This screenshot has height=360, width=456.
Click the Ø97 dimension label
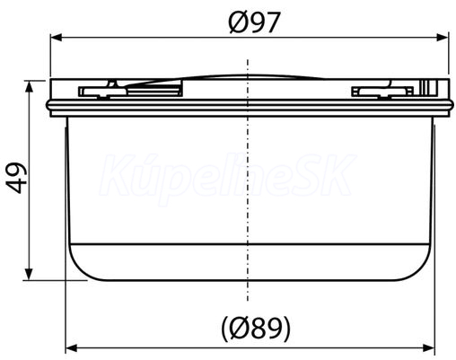254,22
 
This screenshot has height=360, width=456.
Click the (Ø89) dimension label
256,329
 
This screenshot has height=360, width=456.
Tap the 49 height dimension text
17,178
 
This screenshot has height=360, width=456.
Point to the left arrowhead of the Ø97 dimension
56,38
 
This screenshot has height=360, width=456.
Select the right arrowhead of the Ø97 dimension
443,38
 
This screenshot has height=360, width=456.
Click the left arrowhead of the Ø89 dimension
71,348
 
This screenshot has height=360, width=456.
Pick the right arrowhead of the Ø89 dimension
428,348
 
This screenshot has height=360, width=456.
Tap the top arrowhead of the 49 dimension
29,86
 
